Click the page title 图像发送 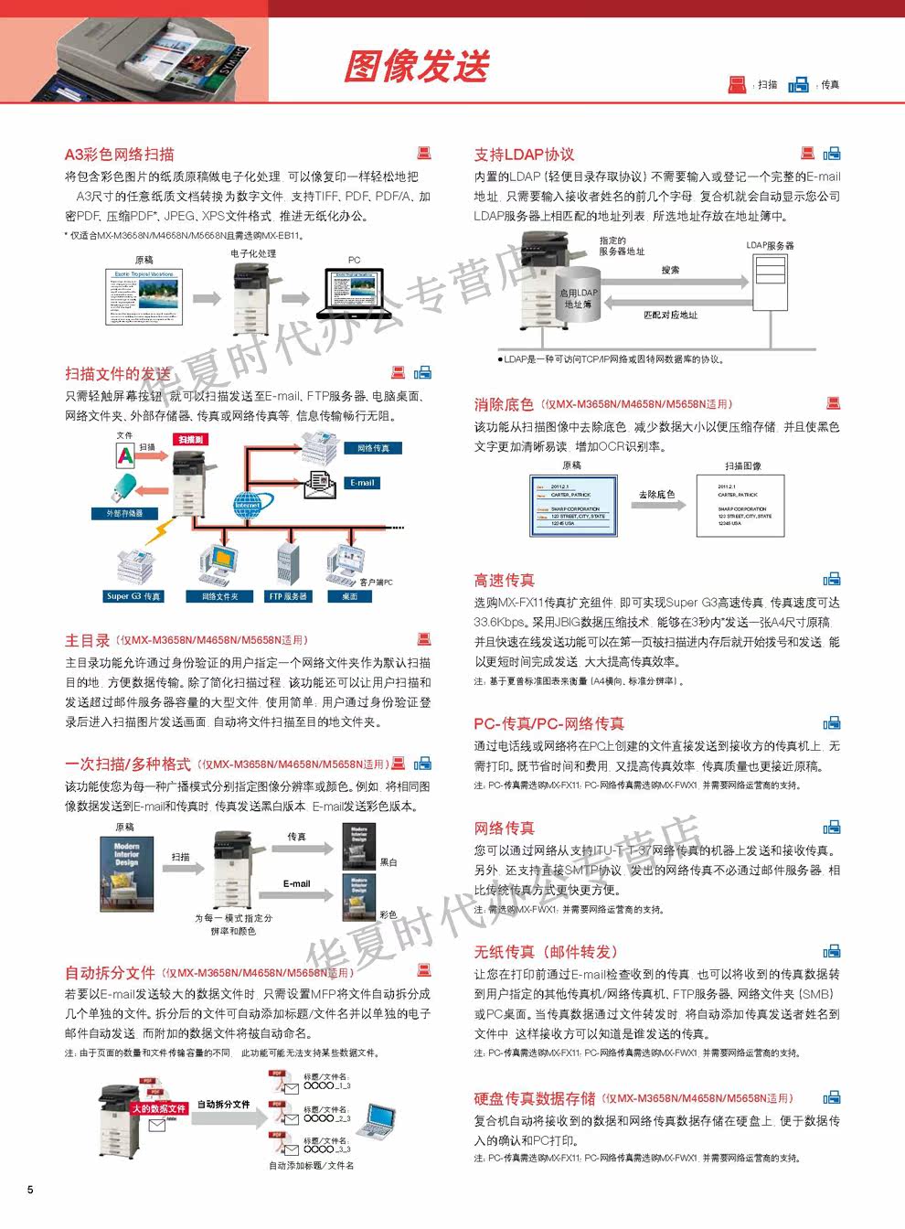(417, 66)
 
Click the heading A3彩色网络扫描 (119, 155)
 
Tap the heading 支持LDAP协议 (524, 155)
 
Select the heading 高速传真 (504, 580)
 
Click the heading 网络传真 (504, 828)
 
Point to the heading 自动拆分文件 (110, 972)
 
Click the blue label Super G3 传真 (133, 596)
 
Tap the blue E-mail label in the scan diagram (362, 483)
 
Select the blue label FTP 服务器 (288, 596)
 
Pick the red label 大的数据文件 (158, 1108)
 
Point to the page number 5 (30, 1190)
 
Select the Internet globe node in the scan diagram (248, 502)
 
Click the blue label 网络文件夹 (219, 596)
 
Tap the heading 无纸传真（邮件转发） (545, 952)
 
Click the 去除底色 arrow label (656, 495)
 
